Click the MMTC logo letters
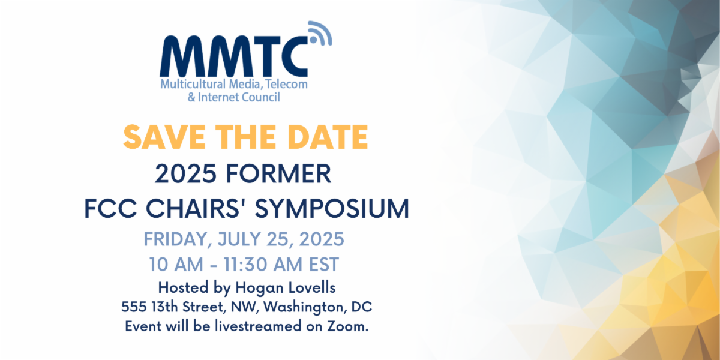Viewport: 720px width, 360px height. point(233,56)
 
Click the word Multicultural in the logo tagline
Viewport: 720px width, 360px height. point(193,84)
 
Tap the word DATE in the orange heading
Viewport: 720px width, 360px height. point(328,137)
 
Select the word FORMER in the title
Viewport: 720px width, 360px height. point(278,173)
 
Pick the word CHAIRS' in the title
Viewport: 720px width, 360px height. point(197,208)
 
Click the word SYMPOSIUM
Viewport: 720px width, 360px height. point(332,209)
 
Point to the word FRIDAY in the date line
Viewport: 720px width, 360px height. point(178,239)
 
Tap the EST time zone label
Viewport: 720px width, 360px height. point(323,265)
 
